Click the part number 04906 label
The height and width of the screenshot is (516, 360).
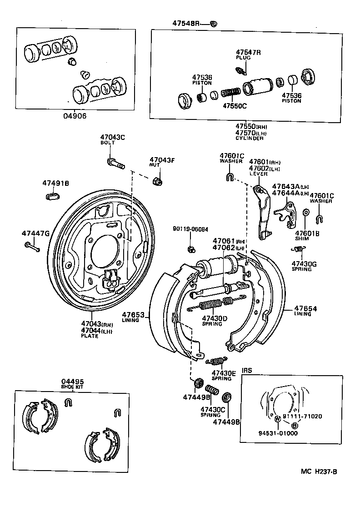(x=75, y=116)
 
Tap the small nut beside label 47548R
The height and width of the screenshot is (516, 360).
(x=215, y=23)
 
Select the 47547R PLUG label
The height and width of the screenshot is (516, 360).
(x=248, y=55)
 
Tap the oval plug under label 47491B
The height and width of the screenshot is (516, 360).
(x=53, y=196)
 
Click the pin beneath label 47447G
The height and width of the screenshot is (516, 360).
(x=32, y=247)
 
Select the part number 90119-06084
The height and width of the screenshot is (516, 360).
(x=190, y=229)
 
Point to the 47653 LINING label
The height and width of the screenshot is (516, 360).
(x=133, y=317)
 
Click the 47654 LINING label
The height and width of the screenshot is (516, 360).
(x=305, y=311)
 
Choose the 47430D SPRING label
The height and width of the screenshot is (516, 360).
(x=215, y=321)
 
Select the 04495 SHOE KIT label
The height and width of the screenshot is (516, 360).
(x=73, y=384)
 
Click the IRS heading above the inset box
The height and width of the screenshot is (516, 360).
(x=247, y=371)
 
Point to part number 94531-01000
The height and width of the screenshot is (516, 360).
(x=275, y=433)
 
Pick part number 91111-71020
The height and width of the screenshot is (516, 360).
(x=302, y=417)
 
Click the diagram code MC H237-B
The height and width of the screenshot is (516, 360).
(x=318, y=471)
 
